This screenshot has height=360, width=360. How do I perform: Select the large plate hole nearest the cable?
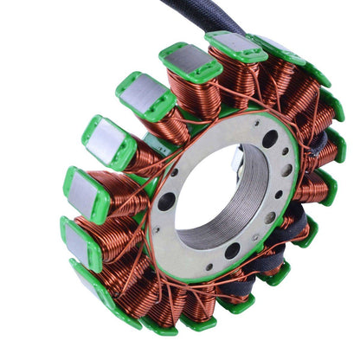tap(271, 138)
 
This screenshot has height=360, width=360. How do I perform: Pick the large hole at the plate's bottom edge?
tap(233, 251)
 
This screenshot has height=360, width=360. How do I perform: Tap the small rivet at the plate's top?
tap(224, 127)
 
